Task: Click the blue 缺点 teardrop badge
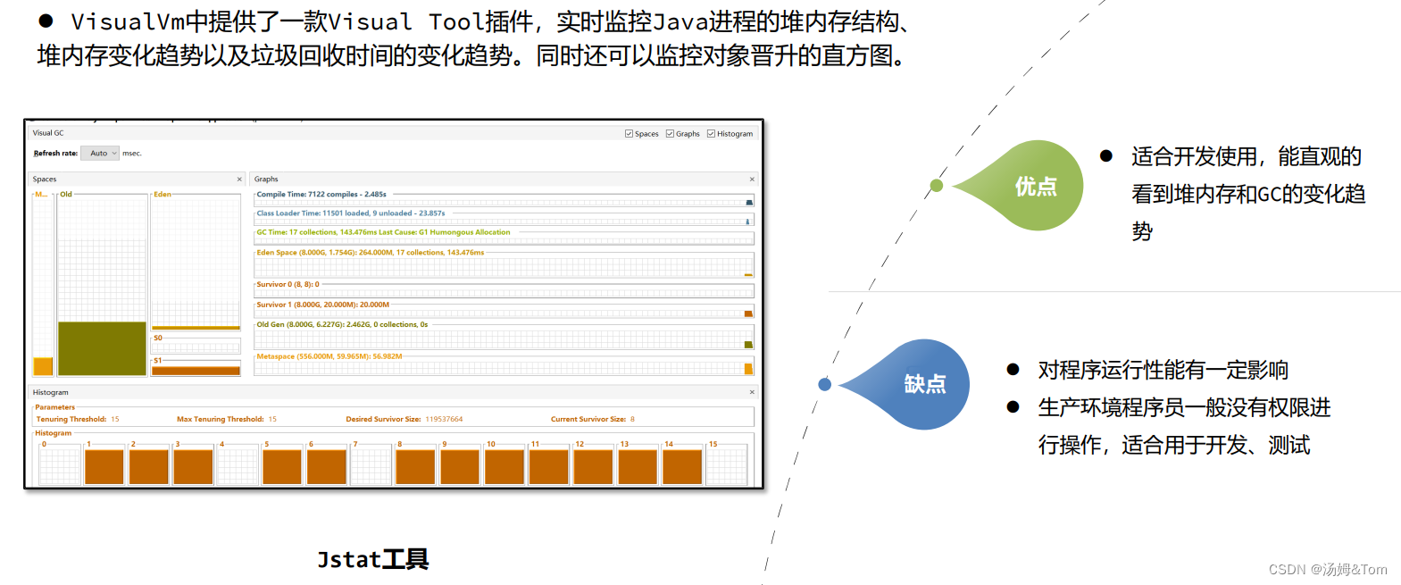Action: pos(923,384)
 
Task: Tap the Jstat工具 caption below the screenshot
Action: pos(373,559)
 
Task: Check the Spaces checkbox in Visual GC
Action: pos(629,134)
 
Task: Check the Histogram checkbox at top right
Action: pos(711,134)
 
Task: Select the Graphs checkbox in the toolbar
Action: pos(670,134)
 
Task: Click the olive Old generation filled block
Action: pos(102,348)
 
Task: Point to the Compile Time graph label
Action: pos(321,194)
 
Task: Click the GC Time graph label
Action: pos(383,232)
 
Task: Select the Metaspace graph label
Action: pos(329,356)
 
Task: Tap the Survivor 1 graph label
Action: pos(322,305)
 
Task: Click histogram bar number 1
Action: pos(104,466)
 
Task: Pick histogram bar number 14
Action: pos(682,466)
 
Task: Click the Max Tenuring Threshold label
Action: pos(221,419)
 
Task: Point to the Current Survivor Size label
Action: pos(588,419)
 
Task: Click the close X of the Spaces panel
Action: pos(239,180)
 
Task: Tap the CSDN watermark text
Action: pos(1328,570)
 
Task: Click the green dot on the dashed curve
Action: pos(936,186)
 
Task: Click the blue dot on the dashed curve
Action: pos(824,384)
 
